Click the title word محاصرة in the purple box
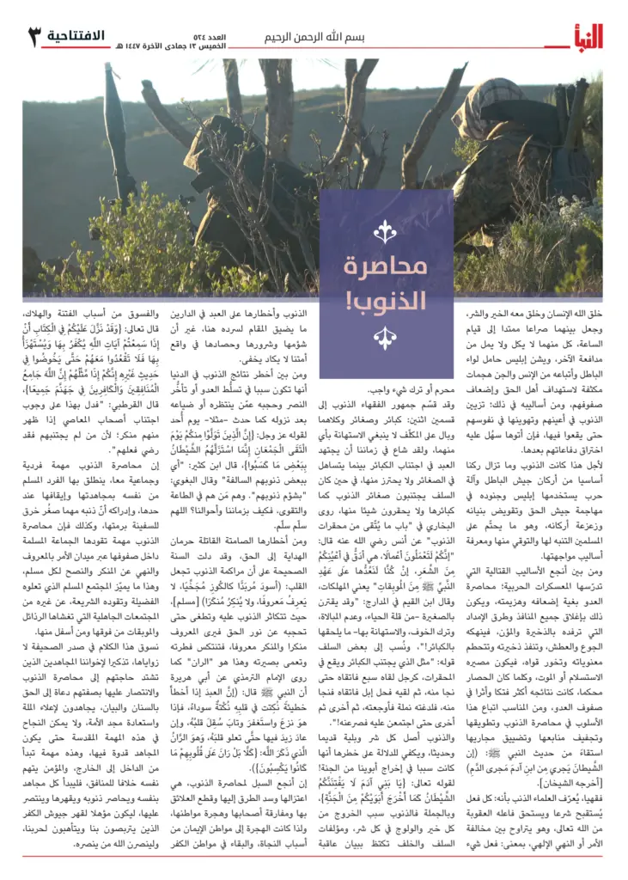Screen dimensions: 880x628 coord(386,267)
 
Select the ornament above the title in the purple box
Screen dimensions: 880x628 coord(386,231)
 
